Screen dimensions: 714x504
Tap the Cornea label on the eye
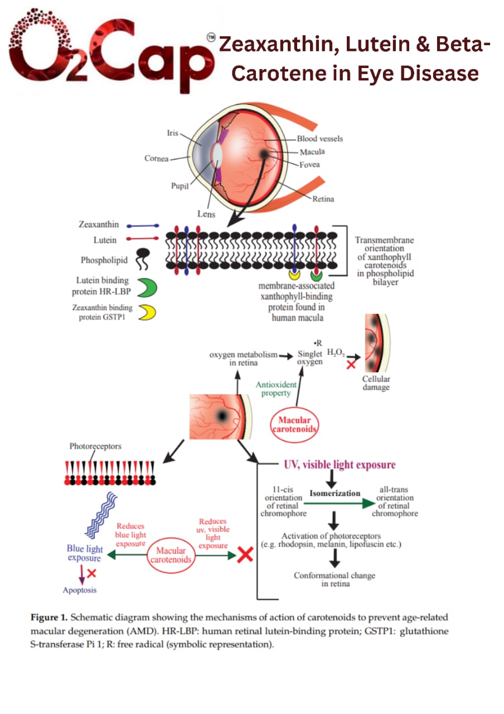(x=156, y=158)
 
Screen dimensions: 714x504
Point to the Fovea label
(x=309, y=165)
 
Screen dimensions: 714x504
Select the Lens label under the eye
(x=206, y=214)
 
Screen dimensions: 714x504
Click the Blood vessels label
(x=319, y=138)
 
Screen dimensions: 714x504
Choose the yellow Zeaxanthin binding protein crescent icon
(x=147, y=313)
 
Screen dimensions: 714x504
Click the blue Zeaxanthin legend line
(x=144, y=226)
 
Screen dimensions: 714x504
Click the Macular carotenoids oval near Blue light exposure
(x=171, y=555)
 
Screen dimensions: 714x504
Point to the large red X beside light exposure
(x=244, y=554)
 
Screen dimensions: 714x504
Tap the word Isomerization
(x=335, y=494)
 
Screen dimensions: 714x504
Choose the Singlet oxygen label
(x=309, y=358)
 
